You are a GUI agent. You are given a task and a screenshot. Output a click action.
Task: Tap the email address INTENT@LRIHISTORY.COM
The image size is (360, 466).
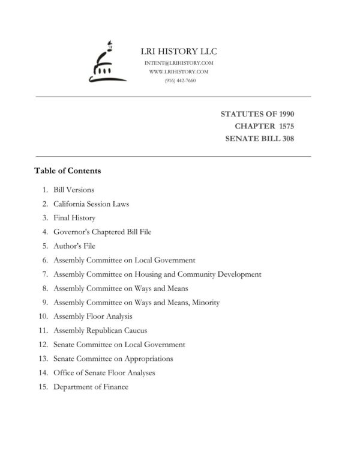click(x=179, y=63)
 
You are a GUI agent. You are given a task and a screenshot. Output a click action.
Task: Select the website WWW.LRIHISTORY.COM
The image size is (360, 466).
click(x=179, y=71)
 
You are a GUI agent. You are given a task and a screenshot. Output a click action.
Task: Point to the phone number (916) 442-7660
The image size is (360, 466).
click(x=179, y=80)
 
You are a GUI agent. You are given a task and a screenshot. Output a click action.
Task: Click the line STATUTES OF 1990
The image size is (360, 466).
click(x=257, y=113)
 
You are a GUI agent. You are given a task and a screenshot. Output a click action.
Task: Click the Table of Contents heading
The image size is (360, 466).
click(x=68, y=171)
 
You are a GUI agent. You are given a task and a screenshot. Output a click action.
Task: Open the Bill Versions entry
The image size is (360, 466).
click(x=73, y=190)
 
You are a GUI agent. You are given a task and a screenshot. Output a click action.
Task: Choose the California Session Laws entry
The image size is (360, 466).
click(x=91, y=204)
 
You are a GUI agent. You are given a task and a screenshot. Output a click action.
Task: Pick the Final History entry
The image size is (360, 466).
click(x=74, y=218)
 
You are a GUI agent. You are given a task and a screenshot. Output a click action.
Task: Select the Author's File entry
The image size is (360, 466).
click(x=74, y=246)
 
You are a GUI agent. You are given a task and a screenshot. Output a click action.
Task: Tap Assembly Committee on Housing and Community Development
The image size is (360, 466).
click(x=157, y=274)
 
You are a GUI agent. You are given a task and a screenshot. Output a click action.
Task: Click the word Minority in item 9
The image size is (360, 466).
click(x=205, y=302)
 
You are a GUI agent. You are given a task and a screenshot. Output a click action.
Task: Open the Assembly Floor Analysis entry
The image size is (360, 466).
click(x=93, y=316)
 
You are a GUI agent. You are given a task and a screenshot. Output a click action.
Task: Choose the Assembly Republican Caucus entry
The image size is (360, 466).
click(x=100, y=330)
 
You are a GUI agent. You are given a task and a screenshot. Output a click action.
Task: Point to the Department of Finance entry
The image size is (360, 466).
click(x=91, y=387)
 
